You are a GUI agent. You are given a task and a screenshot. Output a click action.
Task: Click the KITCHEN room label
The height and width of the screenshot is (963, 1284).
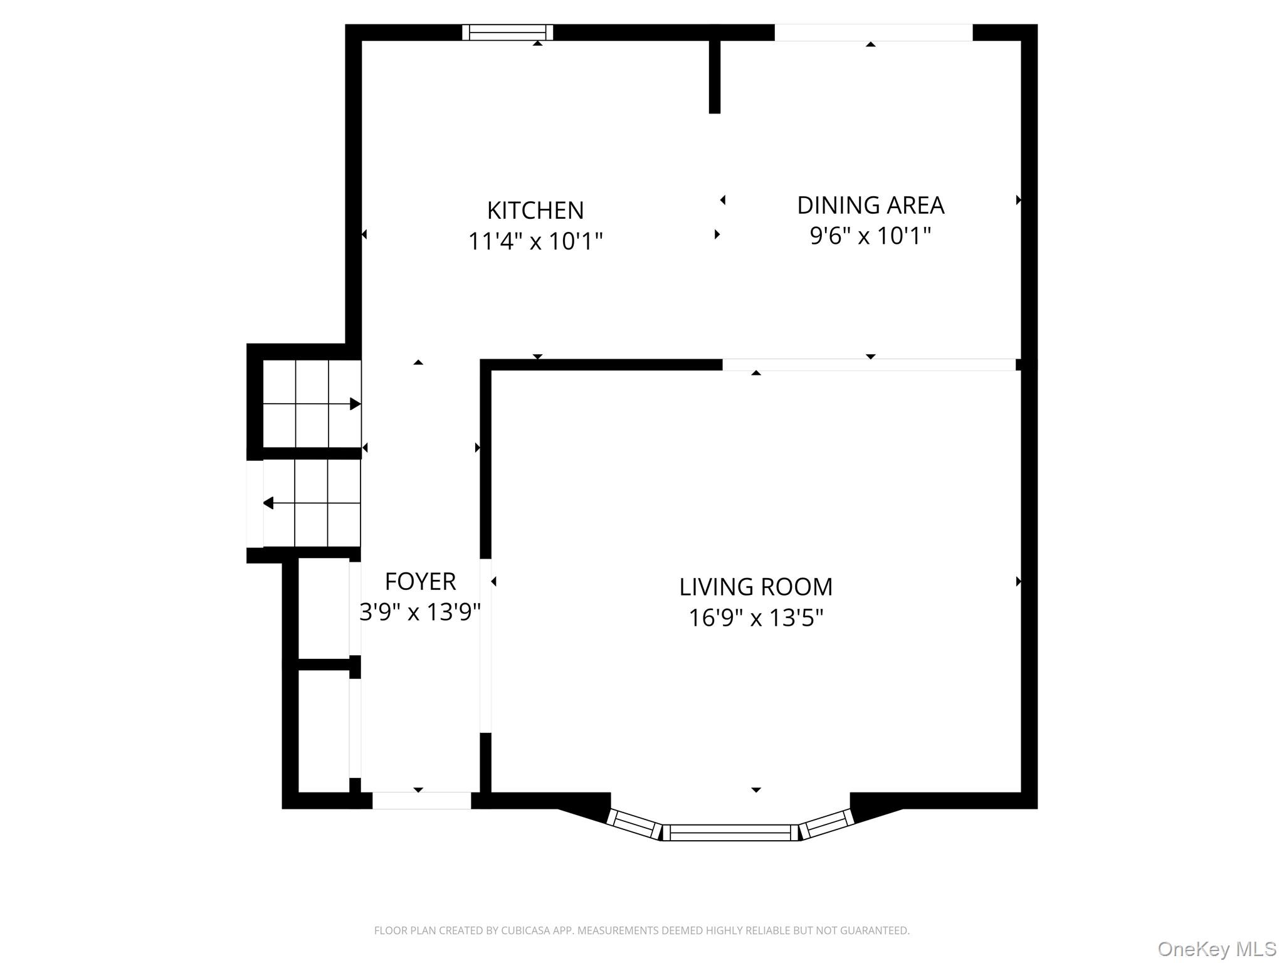pos(535,211)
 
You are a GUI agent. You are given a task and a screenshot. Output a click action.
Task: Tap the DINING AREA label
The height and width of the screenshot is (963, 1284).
pos(870,206)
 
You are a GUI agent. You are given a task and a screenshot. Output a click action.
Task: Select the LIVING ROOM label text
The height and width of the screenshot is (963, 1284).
pos(756,587)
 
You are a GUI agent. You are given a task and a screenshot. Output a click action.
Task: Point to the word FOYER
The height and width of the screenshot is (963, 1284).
pos(420,582)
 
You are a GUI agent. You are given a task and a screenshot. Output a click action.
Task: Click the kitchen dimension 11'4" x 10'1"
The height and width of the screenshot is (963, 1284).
pos(535,241)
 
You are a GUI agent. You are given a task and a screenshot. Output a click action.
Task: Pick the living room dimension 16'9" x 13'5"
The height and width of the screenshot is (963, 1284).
pos(756,618)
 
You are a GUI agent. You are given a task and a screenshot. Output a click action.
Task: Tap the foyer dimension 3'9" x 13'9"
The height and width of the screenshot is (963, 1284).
pos(420,612)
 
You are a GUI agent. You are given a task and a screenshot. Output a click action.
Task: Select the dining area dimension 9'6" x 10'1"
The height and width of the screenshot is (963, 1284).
pos(870,236)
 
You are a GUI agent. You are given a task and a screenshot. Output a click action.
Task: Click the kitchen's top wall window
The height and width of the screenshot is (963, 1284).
pos(508,32)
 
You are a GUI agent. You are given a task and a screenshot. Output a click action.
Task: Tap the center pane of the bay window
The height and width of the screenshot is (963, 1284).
pos(730,833)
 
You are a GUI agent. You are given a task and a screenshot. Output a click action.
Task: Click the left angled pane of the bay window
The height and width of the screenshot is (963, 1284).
pos(635,824)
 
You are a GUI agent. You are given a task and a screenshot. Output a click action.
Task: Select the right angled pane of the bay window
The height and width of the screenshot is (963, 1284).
pos(827,824)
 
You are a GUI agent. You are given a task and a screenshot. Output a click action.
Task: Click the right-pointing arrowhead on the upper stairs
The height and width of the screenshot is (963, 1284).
pos(355,404)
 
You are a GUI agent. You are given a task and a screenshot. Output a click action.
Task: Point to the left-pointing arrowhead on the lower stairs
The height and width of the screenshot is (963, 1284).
pos(268,503)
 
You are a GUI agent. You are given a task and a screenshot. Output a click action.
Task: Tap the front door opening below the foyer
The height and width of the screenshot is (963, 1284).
pos(422,801)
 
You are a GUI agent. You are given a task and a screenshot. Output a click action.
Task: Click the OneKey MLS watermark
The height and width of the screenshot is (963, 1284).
pos(1217,949)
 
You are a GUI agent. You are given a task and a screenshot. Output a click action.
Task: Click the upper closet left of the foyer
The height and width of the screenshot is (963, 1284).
pos(324,608)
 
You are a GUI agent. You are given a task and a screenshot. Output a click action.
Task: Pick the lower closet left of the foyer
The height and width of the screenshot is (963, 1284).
pos(324,731)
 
